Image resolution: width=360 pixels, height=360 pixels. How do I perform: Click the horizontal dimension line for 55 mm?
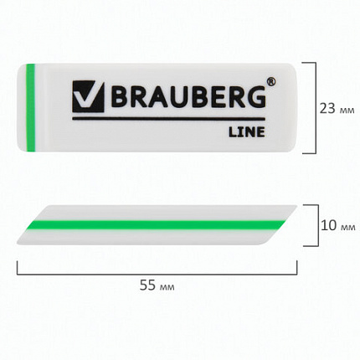(x=157, y=270)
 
